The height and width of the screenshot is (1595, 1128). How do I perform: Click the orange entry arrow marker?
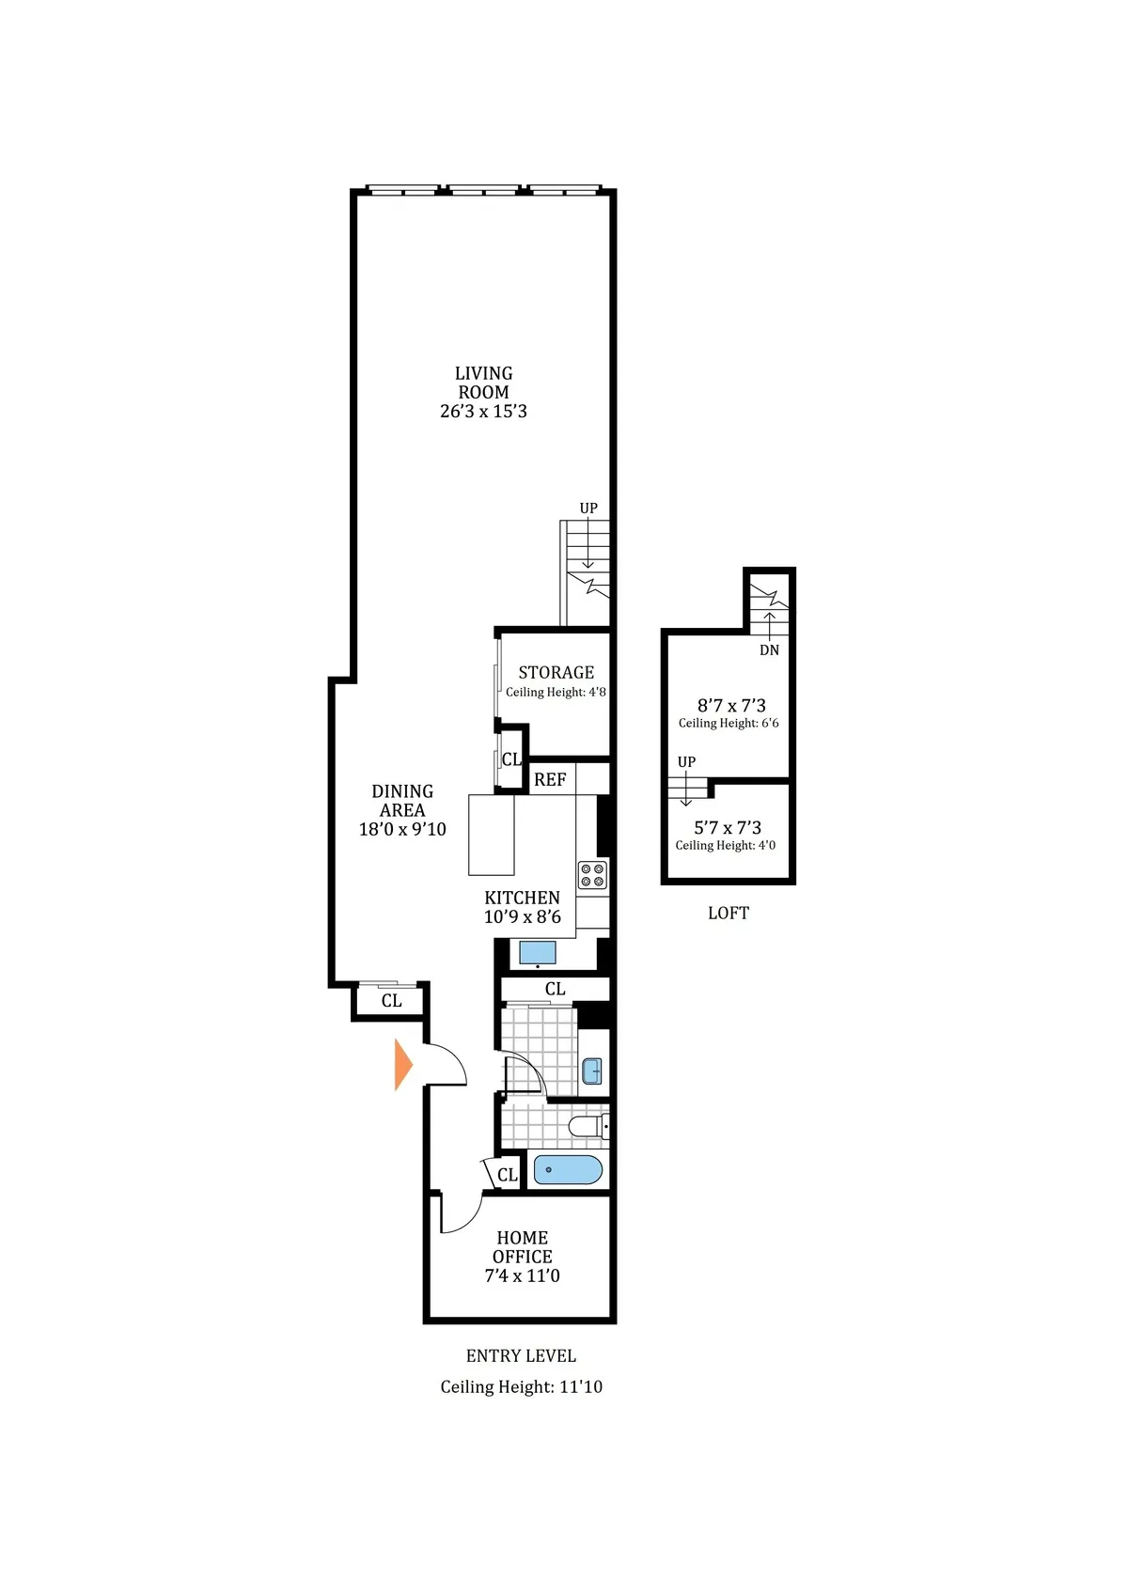coord(403,1065)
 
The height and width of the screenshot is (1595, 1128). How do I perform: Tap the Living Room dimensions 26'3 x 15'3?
coord(483,412)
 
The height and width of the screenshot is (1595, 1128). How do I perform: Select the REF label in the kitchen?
coord(550,780)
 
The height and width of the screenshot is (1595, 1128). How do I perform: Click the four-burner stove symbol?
coord(592,875)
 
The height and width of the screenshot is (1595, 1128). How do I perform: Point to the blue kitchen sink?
coord(538,952)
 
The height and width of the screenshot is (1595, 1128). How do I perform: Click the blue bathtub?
coord(568,1170)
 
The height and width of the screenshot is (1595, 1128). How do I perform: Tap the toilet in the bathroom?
coord(588,1126)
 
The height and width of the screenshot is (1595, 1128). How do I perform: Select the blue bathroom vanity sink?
coord(592,1071)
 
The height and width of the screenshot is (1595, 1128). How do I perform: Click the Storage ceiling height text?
coord(556,693)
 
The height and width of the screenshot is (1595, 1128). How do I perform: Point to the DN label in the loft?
coord(769,650)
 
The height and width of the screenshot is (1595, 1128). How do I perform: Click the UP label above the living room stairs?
coord(588,508)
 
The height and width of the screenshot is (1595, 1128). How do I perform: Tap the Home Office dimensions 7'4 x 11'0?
coord(522,1276)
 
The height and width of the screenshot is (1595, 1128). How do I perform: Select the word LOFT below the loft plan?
coord(728,914)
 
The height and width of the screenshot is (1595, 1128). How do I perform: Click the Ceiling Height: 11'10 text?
coord(521,1387)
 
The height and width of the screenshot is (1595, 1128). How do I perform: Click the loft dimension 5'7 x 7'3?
coord(728,828)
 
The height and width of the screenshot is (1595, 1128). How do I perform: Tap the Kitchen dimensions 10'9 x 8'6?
coord(522,917)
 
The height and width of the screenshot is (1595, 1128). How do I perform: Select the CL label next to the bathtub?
coord(508,1175)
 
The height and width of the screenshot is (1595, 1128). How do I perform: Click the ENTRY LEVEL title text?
coord(521,1356)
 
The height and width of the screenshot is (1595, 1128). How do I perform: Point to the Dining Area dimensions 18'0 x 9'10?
coord(402,830)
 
